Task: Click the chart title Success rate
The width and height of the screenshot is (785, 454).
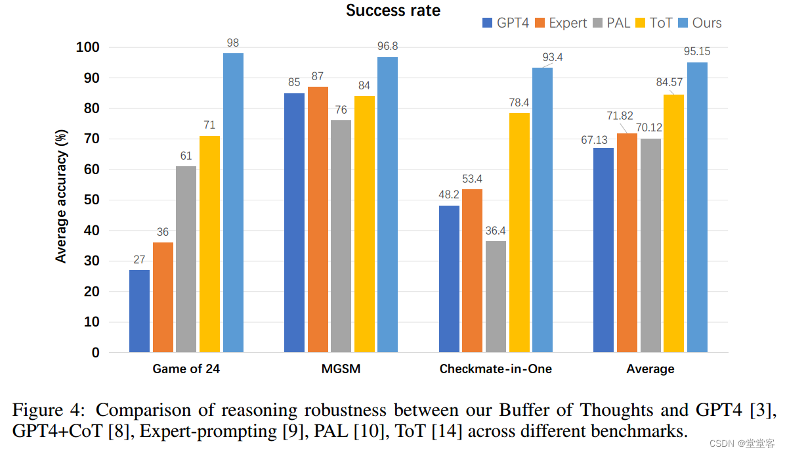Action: (393, 11)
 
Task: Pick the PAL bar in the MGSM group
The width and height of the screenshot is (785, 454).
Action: (341, 236)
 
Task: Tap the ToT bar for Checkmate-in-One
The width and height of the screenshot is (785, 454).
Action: (519, 233)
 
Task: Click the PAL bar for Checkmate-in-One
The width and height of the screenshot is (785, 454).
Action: (496, 296)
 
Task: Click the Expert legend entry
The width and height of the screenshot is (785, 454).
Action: (561, 23)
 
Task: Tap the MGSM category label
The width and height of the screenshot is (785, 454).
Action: (341, 369)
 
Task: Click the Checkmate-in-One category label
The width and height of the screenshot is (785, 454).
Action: (496, 369)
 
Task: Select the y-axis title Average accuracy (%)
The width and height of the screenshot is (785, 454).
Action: (61, 196)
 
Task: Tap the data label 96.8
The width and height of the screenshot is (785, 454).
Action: (387, 46)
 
